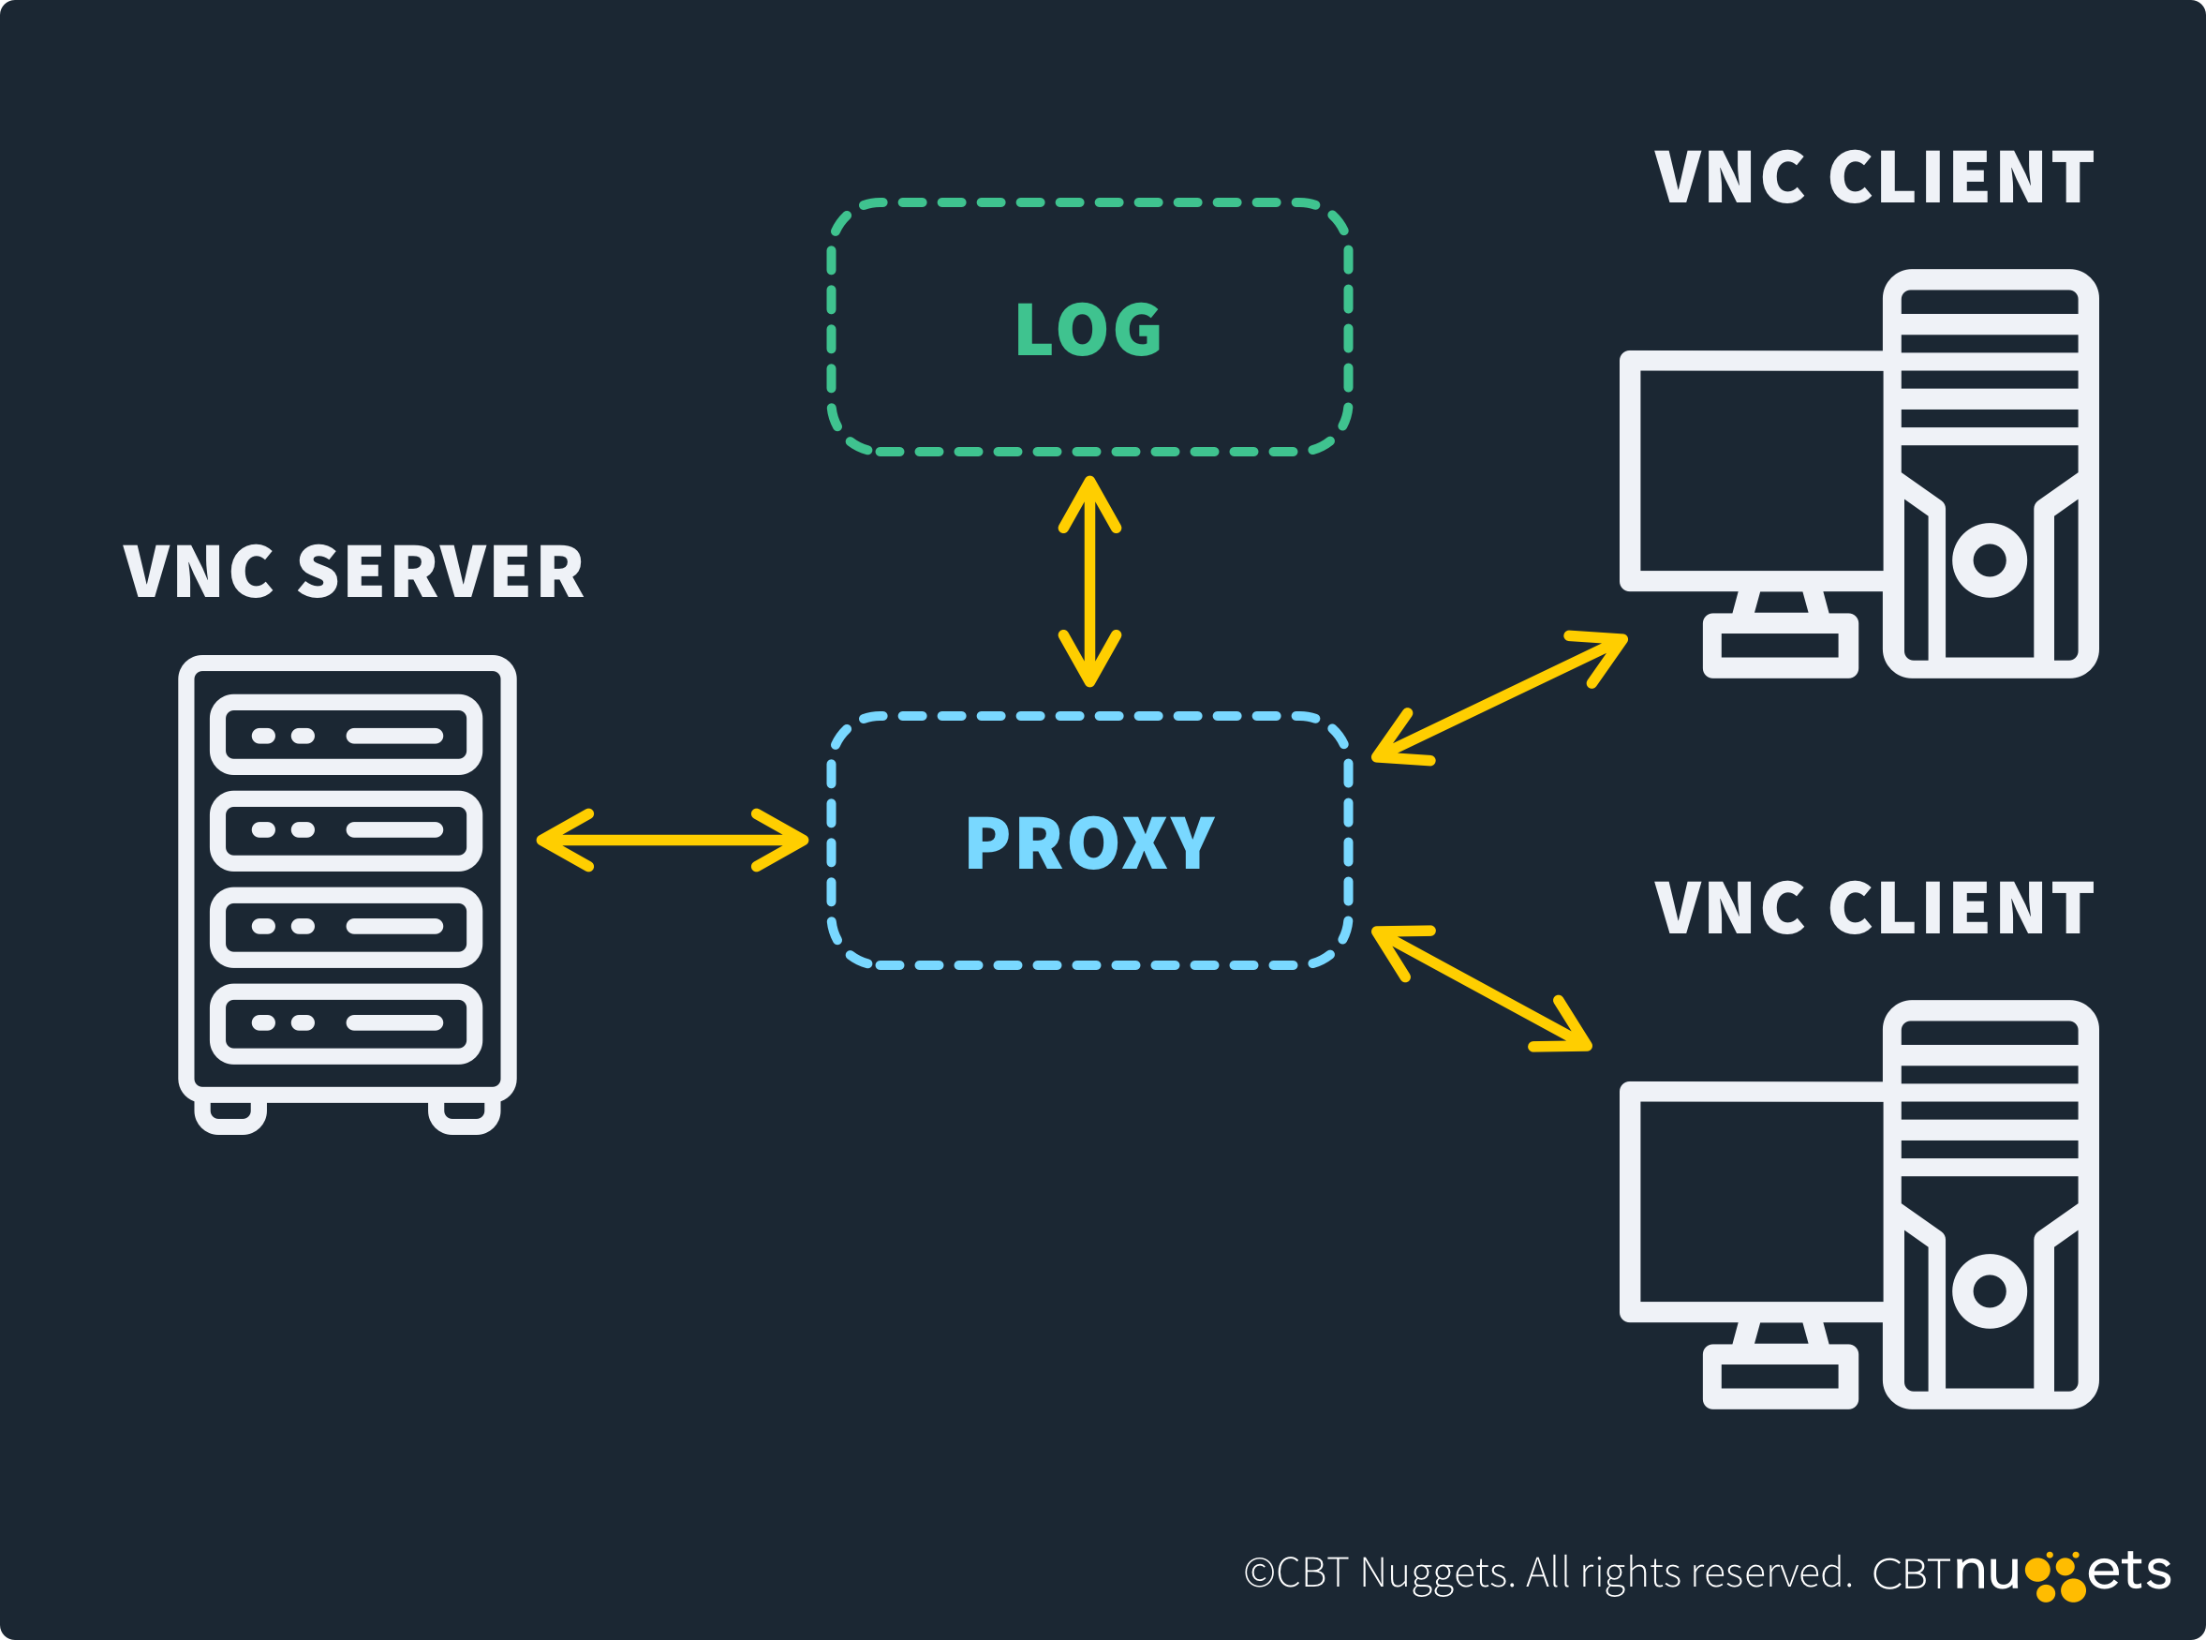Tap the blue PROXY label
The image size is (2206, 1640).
(x=1089, y=842)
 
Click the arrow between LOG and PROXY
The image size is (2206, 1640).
(x=1089, y=582)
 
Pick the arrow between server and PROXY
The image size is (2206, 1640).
(x=673, y=840)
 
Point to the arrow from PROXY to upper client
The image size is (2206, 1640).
(x=1500, y=697)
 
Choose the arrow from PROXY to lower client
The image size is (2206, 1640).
(x=1482, y=988)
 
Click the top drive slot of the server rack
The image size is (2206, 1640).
(x=347, y=736)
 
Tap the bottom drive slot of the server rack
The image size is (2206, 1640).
(x=347, y=1022)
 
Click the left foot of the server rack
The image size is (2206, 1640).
(x=230, y=1115)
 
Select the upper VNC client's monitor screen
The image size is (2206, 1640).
(x=1760, y=470)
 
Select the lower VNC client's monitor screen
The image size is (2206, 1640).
(x=1760, y=1201)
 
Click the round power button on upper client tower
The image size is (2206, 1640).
(x=1990, y=559)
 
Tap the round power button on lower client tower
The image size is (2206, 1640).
(x=1990, y=1290)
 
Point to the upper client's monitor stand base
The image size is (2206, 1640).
(x=1781, y=646)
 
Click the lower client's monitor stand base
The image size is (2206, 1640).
(x=1781, y=1376)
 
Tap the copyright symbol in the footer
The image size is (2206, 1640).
(x=1259, y=1573)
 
